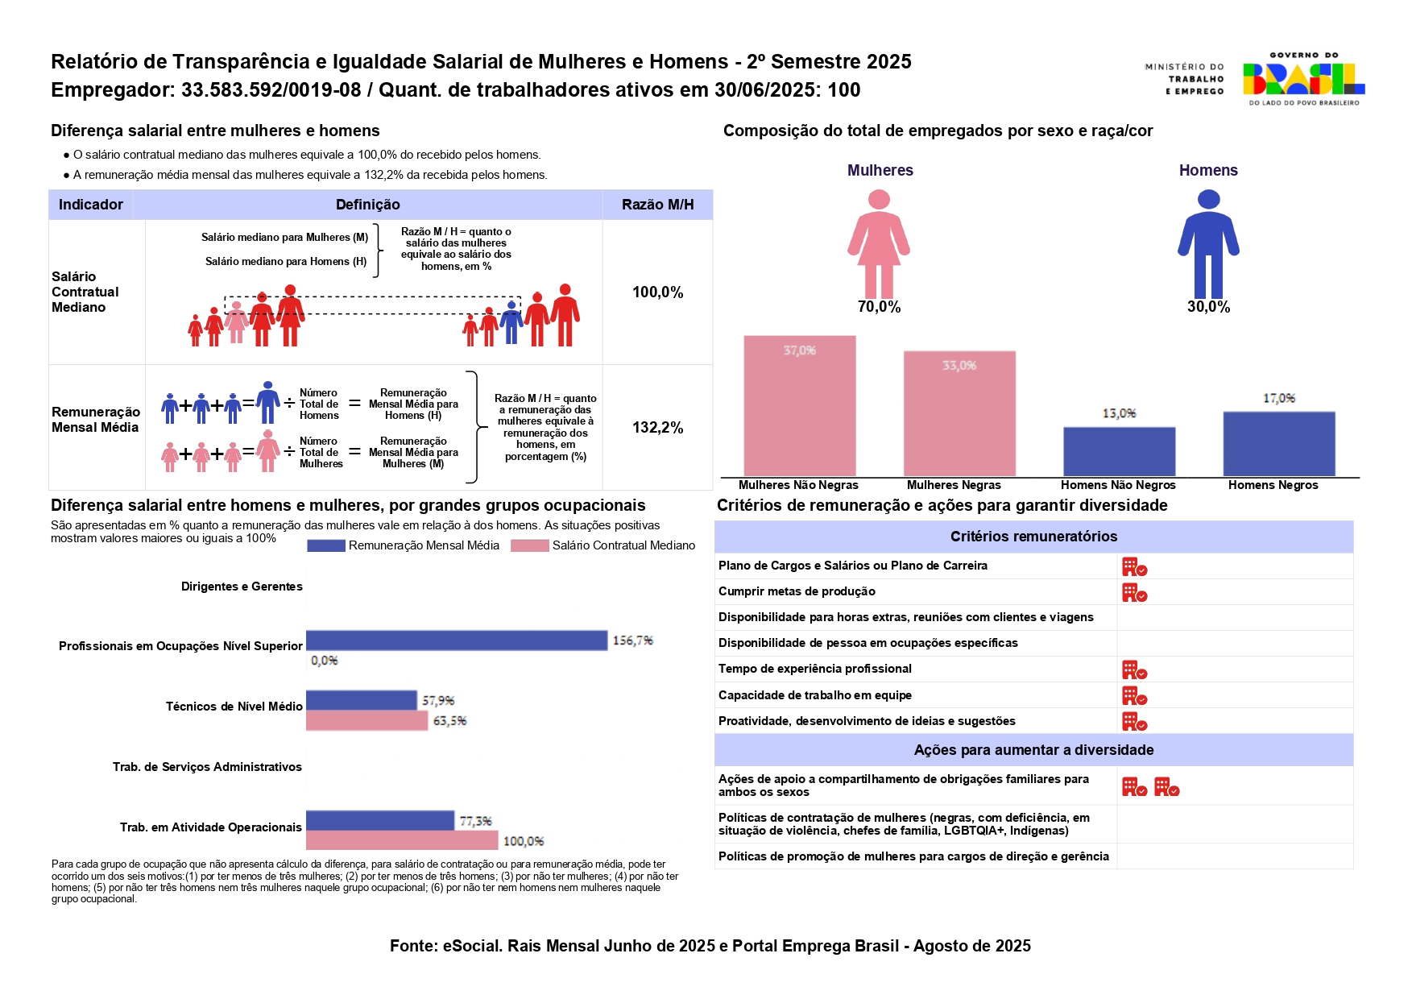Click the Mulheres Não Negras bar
coord(799,406)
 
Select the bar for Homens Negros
coord(1278,444)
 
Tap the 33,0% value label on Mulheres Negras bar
coord(959,366)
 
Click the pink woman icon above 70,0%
coord(879,243)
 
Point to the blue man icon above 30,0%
coord(1208,243)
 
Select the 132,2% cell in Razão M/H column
coord(657,428)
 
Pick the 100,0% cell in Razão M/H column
coord(657,292)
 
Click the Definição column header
coord(367,205)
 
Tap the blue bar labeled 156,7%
coord(456,640)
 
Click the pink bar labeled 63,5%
coord(366,721)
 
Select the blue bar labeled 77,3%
coord(379,821)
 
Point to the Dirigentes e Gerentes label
coord(242,587)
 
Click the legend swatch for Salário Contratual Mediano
coord(529,546)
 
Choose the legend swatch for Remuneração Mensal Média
coord(325,546)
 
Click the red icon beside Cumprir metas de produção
coord(1134,593)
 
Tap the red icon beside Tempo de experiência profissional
coord(1134,670)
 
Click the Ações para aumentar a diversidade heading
coord(1033,750)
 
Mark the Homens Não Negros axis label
coord(1118,485)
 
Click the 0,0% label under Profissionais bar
coord(325,661)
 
